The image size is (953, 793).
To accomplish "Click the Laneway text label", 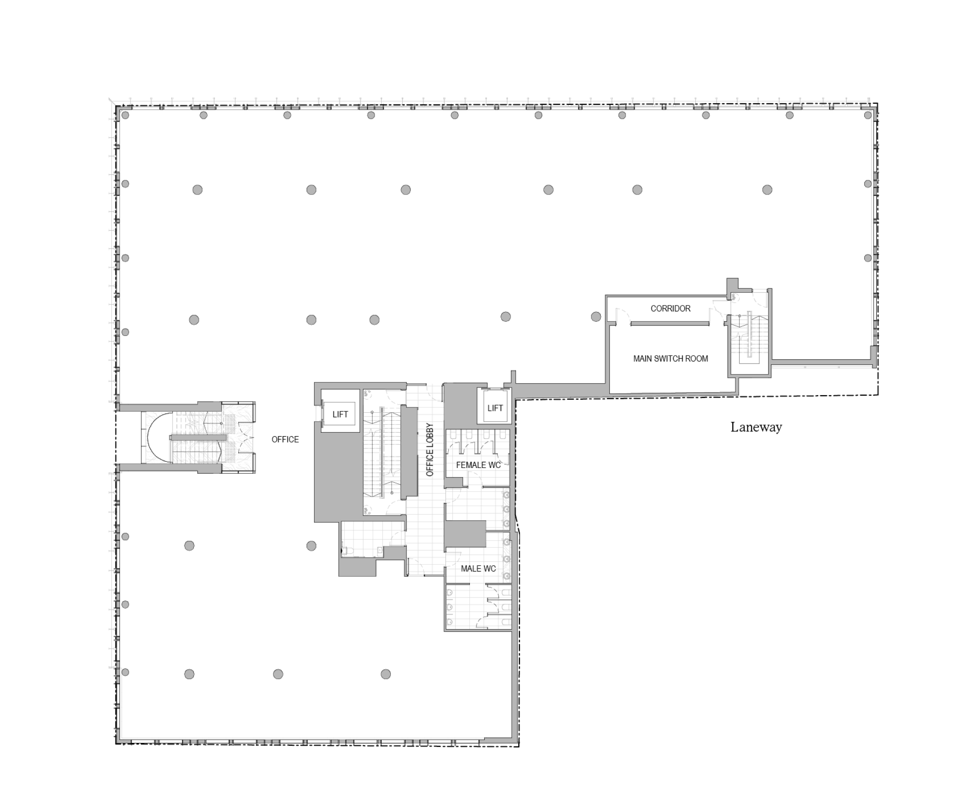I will click(756, 427).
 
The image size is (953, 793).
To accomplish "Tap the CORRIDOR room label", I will click(670, 308).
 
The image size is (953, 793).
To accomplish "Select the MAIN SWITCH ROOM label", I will click(670, 358).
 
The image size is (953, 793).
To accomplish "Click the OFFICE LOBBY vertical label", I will click(429, 450).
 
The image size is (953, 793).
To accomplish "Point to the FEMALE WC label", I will click(478, 465).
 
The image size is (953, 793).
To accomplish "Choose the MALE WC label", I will click(478, 569).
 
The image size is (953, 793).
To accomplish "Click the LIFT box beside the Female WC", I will click(495, 408).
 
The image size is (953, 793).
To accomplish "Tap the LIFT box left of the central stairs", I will click(340, 414).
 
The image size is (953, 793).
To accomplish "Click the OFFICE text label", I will click(285, 439).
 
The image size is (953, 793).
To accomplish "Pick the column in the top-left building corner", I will click(125, 115).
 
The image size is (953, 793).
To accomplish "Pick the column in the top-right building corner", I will click(868, 115).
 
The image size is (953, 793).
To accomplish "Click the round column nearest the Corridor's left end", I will click(596, 316).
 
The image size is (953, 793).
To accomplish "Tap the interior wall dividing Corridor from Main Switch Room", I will click(670, 324).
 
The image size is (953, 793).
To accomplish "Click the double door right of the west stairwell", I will click(246, 437).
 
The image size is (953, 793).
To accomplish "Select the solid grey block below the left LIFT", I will click(336, 477).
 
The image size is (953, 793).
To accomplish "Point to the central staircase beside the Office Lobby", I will click(381, 453).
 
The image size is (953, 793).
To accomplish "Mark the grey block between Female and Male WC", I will click(465, 533).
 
